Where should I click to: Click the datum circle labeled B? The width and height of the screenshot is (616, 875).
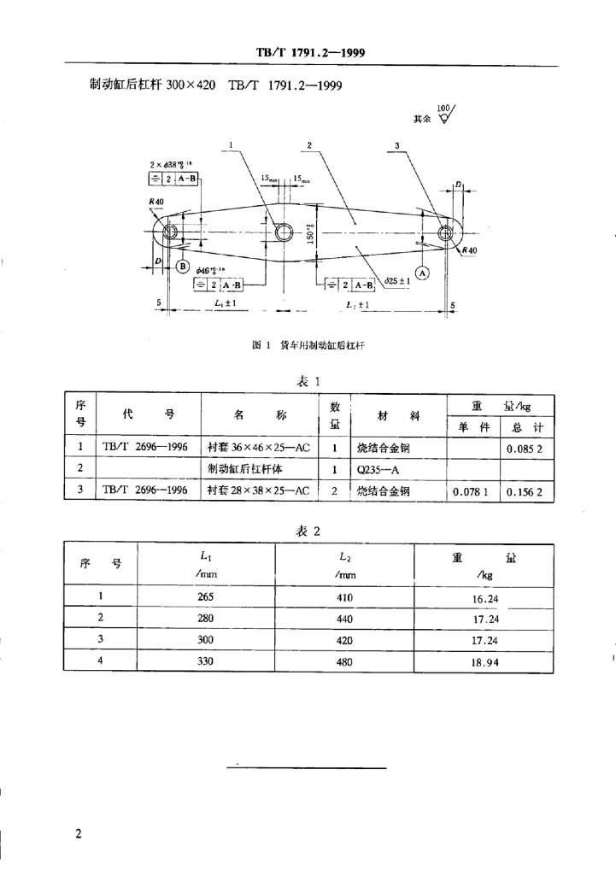coord(181,266)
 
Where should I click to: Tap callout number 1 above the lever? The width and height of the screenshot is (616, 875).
coord(231,145)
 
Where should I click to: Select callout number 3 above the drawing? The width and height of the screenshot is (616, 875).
coord(397,146)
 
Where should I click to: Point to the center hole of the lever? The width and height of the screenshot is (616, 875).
coord(284,232)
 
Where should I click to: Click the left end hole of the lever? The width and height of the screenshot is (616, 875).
coord(168,232)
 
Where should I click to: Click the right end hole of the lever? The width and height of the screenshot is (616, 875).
coord(445,232)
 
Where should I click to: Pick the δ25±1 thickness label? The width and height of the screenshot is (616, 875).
coord(398,279)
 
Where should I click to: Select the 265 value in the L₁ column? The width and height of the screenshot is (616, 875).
coord(206,597)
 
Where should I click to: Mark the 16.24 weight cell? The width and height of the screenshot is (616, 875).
coord(485,598)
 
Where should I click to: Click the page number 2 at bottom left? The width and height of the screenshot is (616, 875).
coord(79,833)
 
